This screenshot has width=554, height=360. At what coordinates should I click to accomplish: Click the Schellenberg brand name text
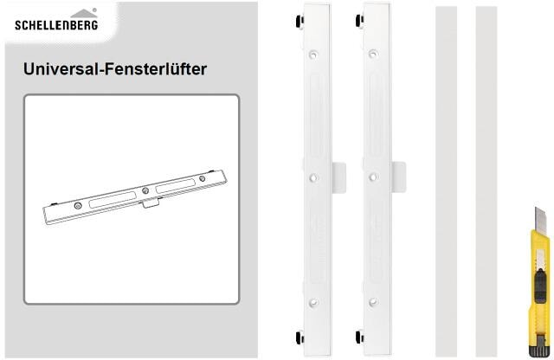tap(56, 24)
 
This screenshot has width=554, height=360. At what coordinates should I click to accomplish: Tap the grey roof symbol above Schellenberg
tap(84, 14)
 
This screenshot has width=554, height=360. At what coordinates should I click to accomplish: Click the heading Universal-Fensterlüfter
tap(115, 69)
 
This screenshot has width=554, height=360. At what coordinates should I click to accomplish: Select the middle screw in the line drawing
tap(145, 190)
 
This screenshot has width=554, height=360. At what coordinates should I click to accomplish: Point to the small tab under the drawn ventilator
tap(151, 202)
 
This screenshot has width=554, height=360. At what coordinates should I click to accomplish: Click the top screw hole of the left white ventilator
tap(313, 55)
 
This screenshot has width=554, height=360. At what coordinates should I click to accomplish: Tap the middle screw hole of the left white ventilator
tap(313, 177)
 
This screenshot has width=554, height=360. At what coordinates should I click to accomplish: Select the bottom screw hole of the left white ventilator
tap(313, 302)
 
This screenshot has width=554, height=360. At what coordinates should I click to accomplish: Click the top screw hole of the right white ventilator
tap(373, 54)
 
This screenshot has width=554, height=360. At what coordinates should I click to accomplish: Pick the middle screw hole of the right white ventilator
tap(373, 177)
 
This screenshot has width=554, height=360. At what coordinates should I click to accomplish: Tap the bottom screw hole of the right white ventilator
tap(373, 302)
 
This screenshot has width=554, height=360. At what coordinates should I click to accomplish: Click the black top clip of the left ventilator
tap(300, 21)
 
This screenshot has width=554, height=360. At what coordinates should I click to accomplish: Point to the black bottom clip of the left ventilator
tap(300, 337)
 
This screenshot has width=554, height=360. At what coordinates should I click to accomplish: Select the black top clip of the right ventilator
tap(360, 21)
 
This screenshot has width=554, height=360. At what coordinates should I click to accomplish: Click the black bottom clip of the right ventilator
tap(360, 337)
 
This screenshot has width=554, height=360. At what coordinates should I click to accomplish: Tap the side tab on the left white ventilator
tap(338, 177)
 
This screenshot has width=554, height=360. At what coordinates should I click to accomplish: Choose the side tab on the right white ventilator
tap(398, 177)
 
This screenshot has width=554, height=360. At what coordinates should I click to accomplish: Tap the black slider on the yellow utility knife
tap(539, 286)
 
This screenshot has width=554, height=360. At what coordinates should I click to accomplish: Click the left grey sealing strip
tap(447, 181)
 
